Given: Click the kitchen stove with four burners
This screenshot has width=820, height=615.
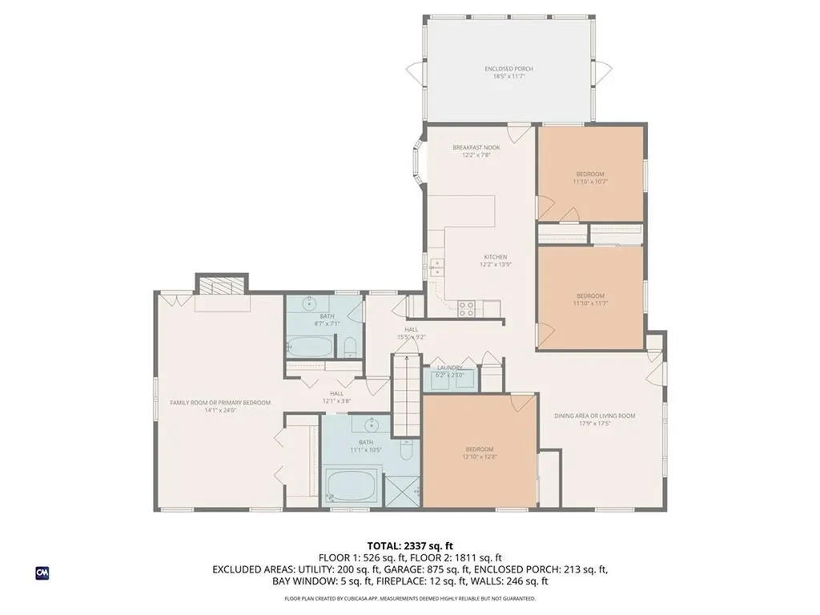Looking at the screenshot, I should [467, 307].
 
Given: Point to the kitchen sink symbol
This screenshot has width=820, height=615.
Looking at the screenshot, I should [436, 267].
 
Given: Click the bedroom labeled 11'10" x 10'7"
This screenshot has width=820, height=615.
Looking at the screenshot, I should [590, 177].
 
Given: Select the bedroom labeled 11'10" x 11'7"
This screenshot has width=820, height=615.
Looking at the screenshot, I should [590, 299].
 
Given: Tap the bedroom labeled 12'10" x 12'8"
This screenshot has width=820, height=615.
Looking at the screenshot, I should [479, 452].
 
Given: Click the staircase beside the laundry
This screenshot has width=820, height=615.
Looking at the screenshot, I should [405, 388].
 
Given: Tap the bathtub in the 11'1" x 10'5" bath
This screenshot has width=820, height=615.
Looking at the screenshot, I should [350, 486].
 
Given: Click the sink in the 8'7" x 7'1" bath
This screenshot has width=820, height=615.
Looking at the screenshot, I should [310, 303].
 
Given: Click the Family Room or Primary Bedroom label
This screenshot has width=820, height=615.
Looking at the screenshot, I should [219, 406].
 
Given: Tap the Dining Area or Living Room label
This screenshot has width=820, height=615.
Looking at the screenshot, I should [594, 419].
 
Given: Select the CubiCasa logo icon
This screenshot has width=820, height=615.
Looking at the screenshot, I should [42, 573].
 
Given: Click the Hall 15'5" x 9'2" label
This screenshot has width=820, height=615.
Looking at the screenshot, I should [411, 332].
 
